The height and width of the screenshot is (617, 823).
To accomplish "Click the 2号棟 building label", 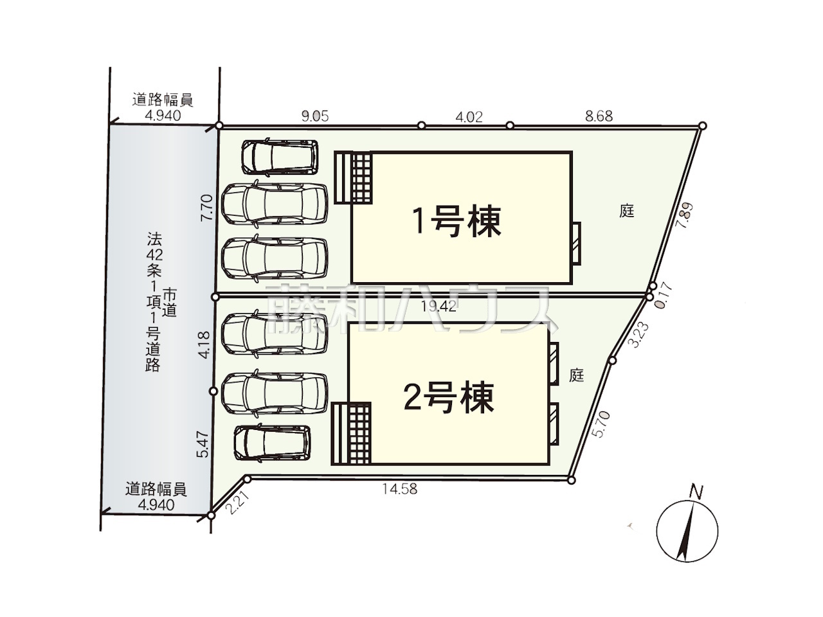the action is tap(448, 397).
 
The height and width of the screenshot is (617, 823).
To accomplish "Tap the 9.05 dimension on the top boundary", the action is tap(315, 116).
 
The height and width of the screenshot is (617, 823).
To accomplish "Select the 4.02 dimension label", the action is tap(469, 117).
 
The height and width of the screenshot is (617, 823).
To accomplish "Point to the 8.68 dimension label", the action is tap(599, 116).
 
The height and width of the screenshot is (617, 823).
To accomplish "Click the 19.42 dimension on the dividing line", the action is tap(438, 307).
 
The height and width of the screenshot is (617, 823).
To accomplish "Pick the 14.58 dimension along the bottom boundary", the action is tap(400, 489).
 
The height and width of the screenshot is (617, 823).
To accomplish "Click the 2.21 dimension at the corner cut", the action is tap(238, 504).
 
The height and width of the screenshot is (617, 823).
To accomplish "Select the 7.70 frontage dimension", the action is tap(206, 208).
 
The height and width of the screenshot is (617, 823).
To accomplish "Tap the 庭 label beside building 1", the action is tap(626, 211).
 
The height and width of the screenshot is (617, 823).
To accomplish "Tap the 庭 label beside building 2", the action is tap(576, 375).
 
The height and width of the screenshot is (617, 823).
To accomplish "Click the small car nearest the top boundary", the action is tap(280, 157).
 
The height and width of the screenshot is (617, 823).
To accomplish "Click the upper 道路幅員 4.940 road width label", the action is tap(163, 107).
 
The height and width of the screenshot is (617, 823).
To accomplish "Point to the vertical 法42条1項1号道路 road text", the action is tap(154, 301).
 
